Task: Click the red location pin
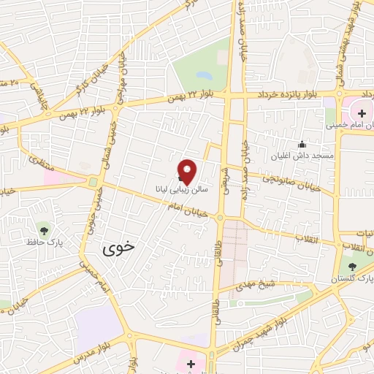[x=188, y=171]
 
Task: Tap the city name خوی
[x=120, y=247]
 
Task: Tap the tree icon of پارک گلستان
[x=354, y=267]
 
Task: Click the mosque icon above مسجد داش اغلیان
[x=302, y=144]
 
